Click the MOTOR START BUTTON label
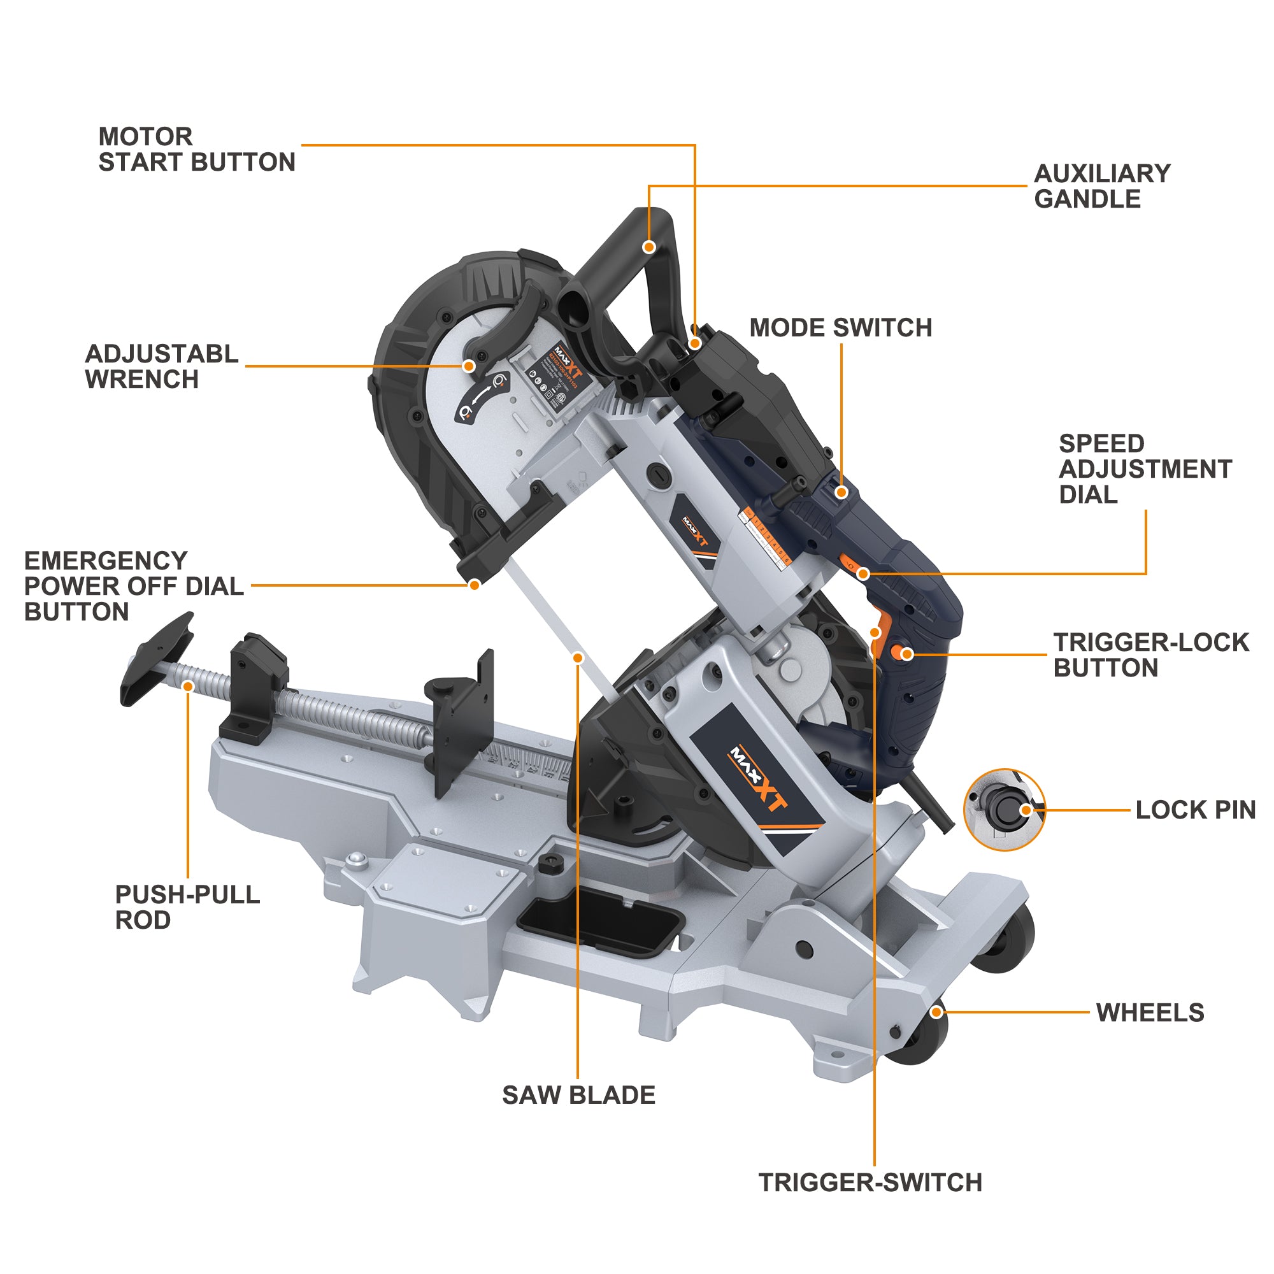coord(196,150)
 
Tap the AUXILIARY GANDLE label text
coord(1102,186)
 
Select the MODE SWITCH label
coord(841,327)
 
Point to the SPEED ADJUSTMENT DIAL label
coord(1145,469)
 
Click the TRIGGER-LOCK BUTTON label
coord(1150,655)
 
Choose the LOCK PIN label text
coord(1195,810)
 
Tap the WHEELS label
coord(1150,1012)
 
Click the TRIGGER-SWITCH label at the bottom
coord(870,1182)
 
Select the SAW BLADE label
coord(578,1095)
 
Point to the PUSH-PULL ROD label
coord(187,906)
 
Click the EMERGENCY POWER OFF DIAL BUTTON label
coord(134,586)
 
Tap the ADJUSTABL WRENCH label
coord(162,367)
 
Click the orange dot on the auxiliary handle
coord(649,247)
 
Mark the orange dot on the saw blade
coord(578,658)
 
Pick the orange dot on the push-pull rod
coord(188,687)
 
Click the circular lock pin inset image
coord(1004,810)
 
